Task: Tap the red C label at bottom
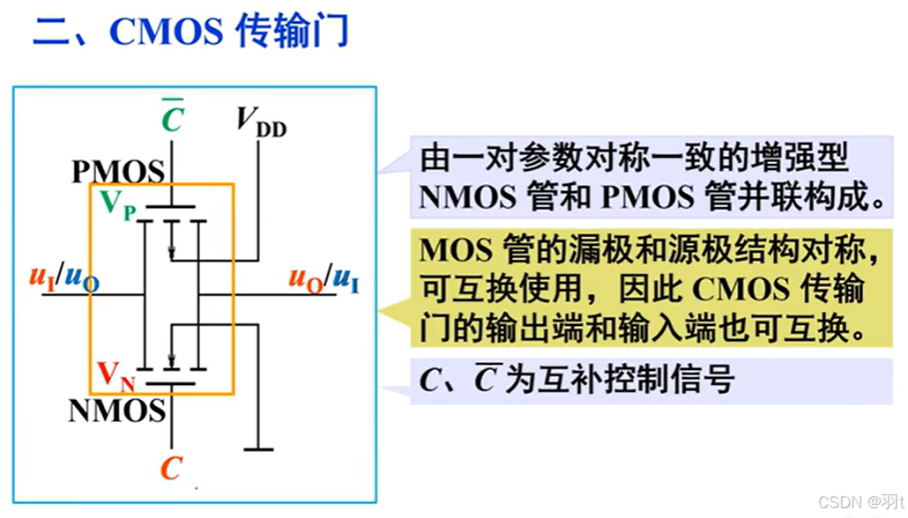tap(171, 468)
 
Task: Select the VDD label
tap(261, 122)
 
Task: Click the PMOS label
tap(117, 171)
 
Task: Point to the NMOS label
tap(117, 410)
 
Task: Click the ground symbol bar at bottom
tap(258, 450)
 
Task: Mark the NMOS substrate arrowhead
tap(173, 360)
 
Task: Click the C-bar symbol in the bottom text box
tap(483, 381)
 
